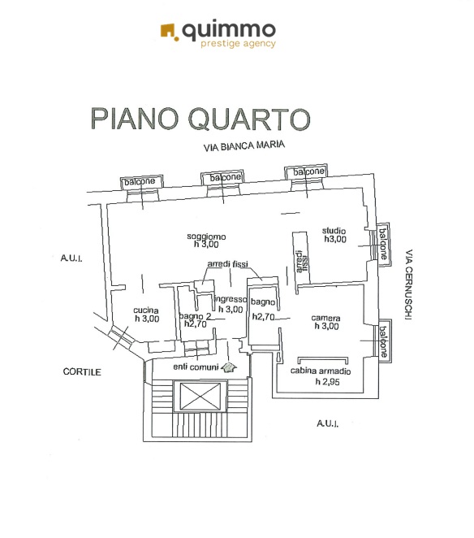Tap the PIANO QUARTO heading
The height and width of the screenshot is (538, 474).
pyautogui.click(x=200, y=119)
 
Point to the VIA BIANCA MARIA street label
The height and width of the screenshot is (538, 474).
pyautogui.click(x=244, y=145)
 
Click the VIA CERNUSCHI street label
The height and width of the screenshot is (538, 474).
pyautogui.click(x=409, y=284)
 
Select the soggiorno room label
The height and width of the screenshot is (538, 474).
pyautogui.click(x=206, y=236)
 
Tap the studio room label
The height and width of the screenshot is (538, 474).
pyautogui.click(x=334, y=231)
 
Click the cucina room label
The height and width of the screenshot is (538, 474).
pyautogui.click(x=146, y=310)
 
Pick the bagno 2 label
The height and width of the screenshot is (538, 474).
pyautogui.click(x=195, y=316)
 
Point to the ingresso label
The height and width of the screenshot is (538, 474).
pyautogui.click(x=231, y=300)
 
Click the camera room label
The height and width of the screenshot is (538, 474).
pyautogui.click(x=325, y=318)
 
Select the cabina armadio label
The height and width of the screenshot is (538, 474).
pyautogui.click(x=321, y=371)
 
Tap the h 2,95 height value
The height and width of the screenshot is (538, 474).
pyautogui.click(x=328, y=381)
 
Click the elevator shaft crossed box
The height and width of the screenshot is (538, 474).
pyautogui.click(x=200, y=397)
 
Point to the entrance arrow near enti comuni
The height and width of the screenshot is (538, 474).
pyautogui.click(x=229, y=367)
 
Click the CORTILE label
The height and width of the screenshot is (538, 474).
pyautogui.click(x=82, y=371)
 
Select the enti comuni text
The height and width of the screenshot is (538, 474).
pyautogui.click(x=196, y=367)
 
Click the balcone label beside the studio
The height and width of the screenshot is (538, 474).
pyautogui.click(x=383, y=244)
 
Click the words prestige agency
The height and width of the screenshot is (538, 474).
pyautogui.click(x=238, y=44)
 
